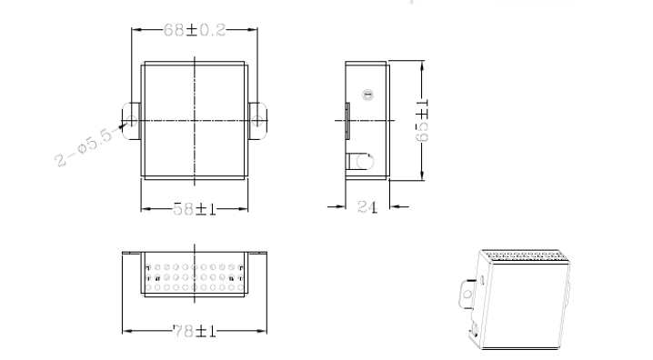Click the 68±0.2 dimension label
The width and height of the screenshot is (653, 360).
point(195,30)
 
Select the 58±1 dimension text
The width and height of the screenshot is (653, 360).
point(195,209)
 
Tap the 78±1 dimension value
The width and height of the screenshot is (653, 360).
point(195,331)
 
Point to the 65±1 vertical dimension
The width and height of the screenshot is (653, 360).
point(422,121)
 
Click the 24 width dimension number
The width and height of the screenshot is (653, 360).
point(367,207)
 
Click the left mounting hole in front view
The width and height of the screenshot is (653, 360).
point(132,121)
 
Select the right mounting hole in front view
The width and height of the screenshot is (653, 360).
point(257,121)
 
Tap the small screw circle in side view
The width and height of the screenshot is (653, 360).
point(367,95)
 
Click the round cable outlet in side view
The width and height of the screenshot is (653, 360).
point(366,162)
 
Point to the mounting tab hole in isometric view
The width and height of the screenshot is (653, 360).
point(467,295)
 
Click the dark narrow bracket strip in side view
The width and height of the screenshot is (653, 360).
point(347,121)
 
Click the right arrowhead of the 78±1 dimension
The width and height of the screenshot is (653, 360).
point(262,331)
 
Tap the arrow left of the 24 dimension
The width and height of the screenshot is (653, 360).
point(337,206)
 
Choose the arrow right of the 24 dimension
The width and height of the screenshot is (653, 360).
point(399,206)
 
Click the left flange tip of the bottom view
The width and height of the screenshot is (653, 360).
point(123,253)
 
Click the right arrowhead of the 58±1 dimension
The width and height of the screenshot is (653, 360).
point(243,209)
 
